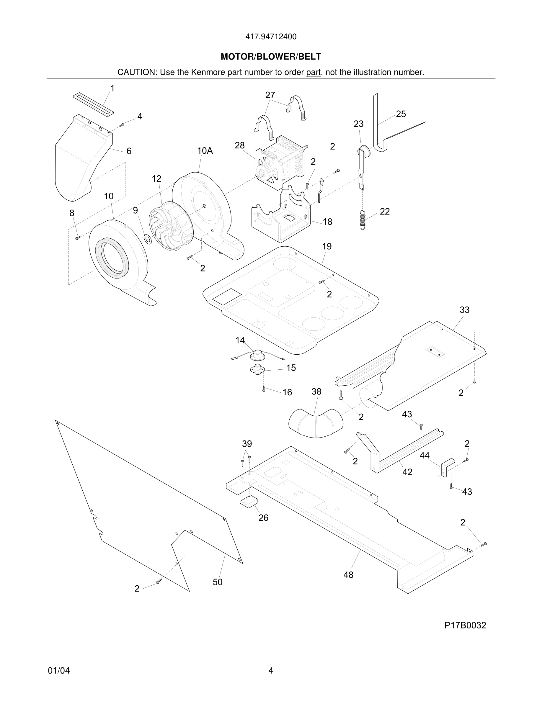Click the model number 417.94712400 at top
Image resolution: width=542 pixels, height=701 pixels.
pos(271,37)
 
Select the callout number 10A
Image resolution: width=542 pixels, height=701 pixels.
pos(205,150)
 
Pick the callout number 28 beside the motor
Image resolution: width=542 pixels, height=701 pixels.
pos(239,145)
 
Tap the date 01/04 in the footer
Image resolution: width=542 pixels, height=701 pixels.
pos(59,671)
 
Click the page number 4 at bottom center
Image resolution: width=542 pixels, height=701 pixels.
pos(271,671)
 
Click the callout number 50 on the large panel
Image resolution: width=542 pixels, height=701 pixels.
pos(217,582)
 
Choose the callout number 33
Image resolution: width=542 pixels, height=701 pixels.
pos(464,310)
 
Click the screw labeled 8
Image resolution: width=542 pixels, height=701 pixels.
pos(78,238)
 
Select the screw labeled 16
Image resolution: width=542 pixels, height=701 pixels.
pos(264,389)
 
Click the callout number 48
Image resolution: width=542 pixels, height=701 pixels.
pos(348,575)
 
